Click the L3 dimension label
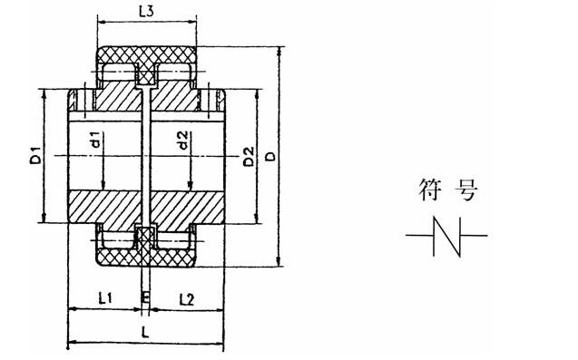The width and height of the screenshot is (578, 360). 145,12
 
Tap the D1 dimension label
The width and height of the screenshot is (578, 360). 33,154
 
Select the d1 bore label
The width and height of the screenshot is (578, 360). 95,141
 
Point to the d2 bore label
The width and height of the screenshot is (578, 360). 183,141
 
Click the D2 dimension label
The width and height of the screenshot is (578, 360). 247,155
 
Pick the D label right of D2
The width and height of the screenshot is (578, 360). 269,155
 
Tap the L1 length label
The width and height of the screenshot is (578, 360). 104,297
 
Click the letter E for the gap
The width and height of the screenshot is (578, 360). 145,297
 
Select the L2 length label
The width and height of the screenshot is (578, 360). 185,297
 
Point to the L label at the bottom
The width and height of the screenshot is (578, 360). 145,333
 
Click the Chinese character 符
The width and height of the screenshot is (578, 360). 430,190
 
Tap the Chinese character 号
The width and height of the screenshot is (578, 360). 465,190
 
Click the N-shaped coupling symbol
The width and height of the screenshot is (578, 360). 446,236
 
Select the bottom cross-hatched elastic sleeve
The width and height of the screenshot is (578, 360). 145,255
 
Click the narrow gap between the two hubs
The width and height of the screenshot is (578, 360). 145,154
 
